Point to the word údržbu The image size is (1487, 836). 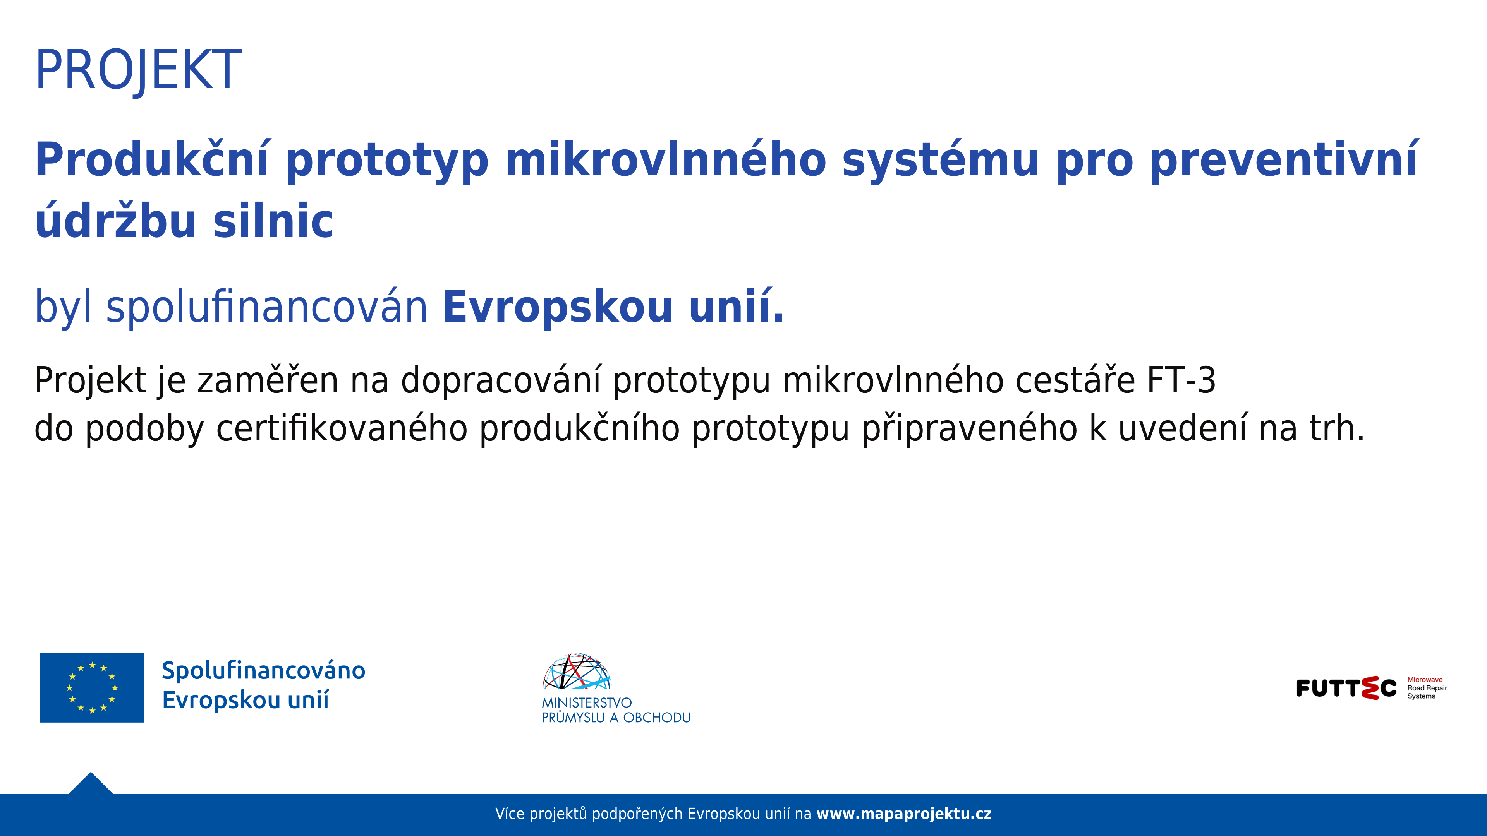(115, 221)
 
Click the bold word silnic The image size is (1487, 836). (273, 221)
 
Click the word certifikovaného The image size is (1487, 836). (342, 429)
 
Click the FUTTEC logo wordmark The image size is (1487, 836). (1346, 688)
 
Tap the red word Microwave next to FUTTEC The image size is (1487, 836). (1424, 680)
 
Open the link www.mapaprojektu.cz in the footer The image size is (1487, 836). (903, 814)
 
